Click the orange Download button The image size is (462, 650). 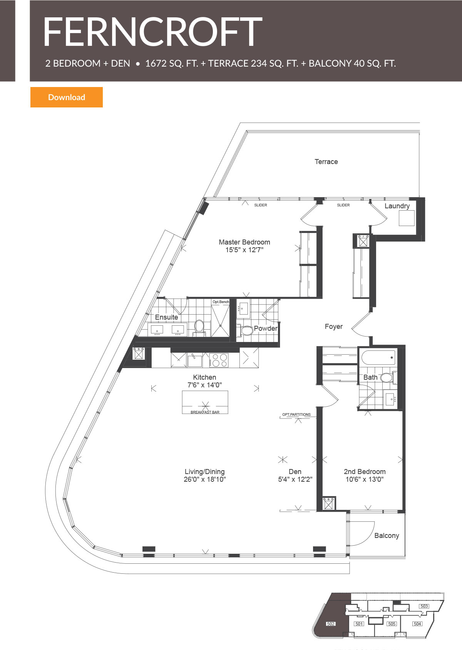(66, 97)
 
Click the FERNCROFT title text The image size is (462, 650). (152, 32)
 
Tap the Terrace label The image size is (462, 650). (326, 162)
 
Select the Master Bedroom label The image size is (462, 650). (244, 242)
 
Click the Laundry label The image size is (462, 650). (397, 206)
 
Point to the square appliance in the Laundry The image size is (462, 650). (406, 218)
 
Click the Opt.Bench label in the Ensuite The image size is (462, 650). (221, 302)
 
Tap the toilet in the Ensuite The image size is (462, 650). (199, 327)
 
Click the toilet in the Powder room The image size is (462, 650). (246, 330)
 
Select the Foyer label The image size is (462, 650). (333, 327)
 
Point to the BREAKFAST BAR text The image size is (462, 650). (205, 412)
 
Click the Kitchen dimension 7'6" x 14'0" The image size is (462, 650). (204, 385)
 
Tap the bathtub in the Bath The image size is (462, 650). (378, 357)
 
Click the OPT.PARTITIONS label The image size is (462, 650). (296, 415)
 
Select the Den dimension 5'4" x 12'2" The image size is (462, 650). (295, 479)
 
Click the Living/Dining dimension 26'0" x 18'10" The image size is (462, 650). (204, 479)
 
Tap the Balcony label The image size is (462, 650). (387, 536)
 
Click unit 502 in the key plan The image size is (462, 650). (330, 624)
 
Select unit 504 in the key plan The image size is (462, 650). (417, 624)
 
